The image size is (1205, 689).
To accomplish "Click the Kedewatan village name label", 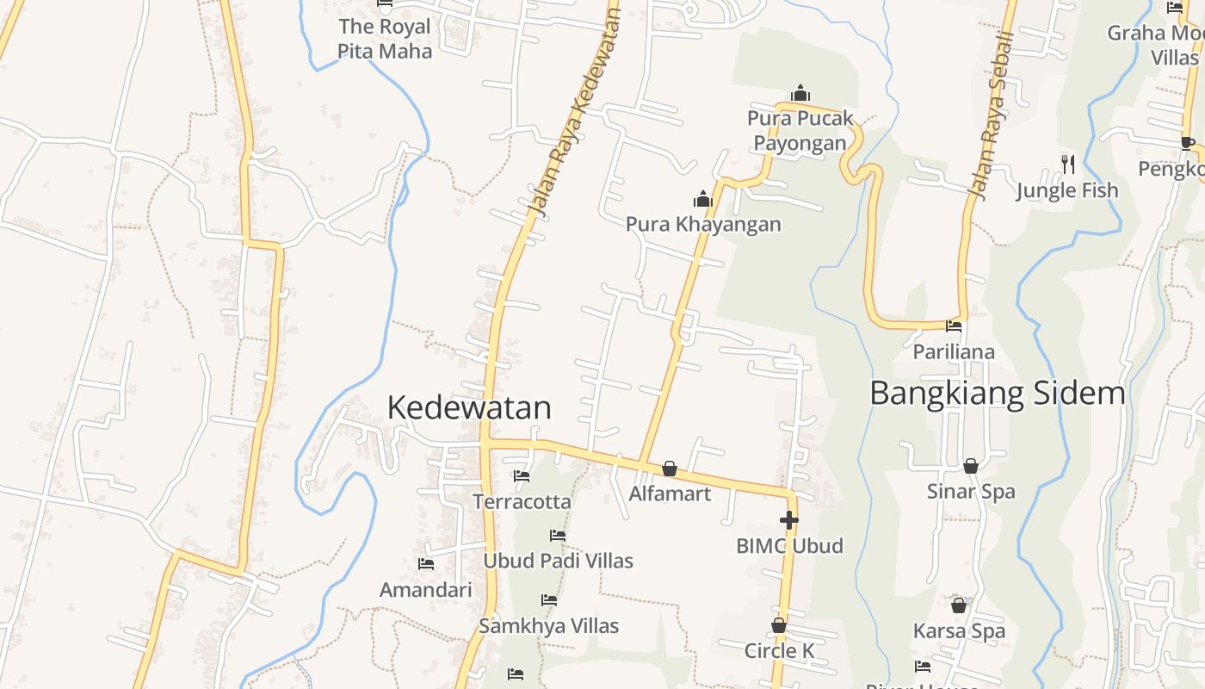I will point(469,407).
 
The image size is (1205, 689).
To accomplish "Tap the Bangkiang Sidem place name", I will point(998,393).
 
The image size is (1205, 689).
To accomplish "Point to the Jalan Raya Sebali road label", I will point(994,112).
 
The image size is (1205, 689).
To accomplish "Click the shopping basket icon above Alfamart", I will point(670,469).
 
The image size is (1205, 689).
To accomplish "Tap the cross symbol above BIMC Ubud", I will point(788,519).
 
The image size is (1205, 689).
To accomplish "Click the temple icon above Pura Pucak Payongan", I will point(800,93).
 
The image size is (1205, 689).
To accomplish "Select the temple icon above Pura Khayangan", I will point(703,200).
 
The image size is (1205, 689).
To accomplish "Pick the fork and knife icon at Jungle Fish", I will point(1068,164).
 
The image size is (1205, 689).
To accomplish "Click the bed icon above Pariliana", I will point(954,326).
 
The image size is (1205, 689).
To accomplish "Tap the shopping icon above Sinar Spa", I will point(971,466).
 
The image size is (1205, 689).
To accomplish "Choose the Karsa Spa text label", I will point(959,631).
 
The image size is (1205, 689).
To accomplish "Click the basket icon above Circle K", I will point(779,625).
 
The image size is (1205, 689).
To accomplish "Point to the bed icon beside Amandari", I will point(426,564).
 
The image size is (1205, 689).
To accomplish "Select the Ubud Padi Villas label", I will point(558,561).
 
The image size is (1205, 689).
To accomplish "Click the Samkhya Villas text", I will point(549,626).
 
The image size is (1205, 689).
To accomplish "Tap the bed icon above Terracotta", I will point(522,475).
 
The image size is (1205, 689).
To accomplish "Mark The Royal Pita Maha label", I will point(385,39).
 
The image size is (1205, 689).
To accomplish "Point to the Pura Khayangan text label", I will point(703,225).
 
